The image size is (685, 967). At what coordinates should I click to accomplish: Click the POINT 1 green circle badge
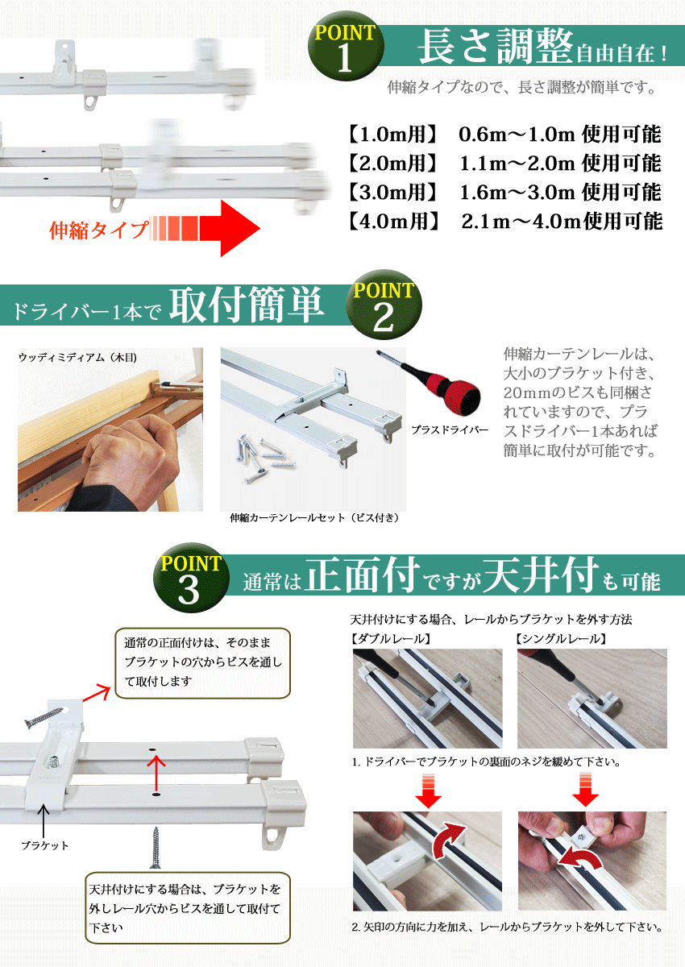(x=346, y=51)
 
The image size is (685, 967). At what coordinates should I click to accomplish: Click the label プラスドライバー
(x=449, y=430)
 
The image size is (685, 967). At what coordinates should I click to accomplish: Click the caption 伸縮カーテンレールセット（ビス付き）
(x=314, y=518)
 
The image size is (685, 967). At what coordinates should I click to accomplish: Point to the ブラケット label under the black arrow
(x=45, y=845)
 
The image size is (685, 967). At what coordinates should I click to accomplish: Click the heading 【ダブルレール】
(x=392, y=638)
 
